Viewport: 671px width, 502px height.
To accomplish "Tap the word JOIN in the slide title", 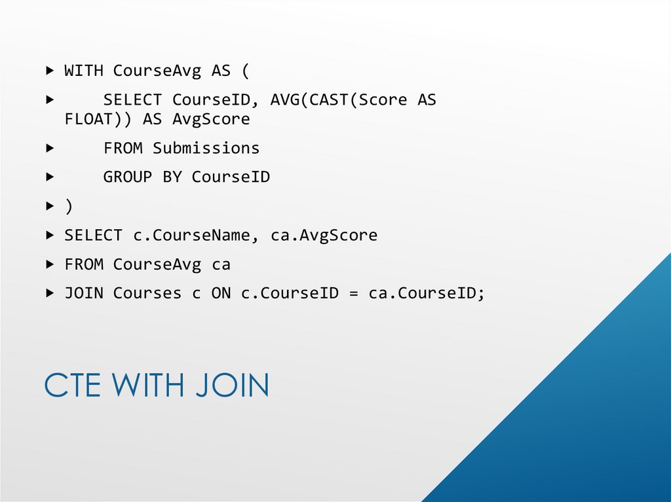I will [232, 385].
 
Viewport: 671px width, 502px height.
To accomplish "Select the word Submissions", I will [206, 149].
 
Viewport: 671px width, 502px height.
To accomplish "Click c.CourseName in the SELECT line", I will [191, 236].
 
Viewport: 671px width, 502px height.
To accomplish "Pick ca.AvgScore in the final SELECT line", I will [324, 236].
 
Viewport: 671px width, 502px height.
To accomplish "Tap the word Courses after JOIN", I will [147, 294].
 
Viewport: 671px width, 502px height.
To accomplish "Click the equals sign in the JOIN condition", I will [354, 294].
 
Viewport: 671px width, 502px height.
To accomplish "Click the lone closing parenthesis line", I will [69, 206].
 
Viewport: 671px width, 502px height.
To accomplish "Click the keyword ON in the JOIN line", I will [221, 294].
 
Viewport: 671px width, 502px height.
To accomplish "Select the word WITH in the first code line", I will [84, 71].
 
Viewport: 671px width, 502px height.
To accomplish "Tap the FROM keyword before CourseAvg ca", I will [84, 265].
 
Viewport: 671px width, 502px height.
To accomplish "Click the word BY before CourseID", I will [172, 177].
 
